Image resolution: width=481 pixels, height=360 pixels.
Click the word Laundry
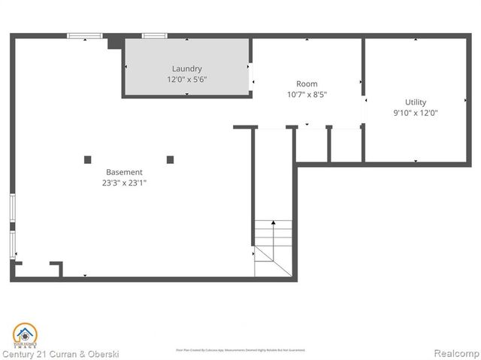[186, 69]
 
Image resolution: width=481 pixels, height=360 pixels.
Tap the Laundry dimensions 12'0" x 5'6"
[186, 79]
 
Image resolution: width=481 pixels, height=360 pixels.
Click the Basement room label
[124, 172]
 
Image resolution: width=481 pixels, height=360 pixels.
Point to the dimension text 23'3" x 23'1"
[124, 182]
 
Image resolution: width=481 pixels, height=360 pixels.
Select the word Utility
[416, 102]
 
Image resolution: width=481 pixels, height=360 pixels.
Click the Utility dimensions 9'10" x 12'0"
[416, 113]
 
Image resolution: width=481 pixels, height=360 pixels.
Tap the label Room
[307, 84]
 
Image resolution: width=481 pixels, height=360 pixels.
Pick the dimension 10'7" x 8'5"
[307, 94]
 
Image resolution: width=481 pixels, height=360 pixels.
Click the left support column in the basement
[87, 159]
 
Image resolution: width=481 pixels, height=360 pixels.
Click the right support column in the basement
[170, 159]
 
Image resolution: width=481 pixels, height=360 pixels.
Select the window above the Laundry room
[155, 35]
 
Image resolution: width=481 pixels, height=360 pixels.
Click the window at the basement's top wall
[84, 35]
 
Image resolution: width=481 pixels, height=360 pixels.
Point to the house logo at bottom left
[24, 334]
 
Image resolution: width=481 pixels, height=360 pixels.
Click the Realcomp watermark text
[455, 353]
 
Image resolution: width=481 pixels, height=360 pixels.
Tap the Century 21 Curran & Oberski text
[60, 353]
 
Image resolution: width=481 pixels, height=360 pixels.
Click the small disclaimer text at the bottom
[240, 349]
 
